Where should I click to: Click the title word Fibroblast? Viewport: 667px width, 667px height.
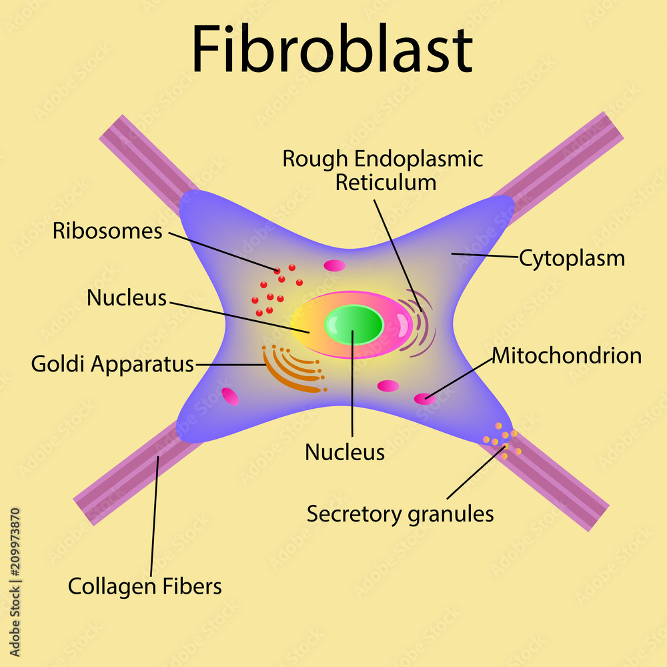[x=332, y=50]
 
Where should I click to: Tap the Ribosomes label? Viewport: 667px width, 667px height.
[x=107, y=231]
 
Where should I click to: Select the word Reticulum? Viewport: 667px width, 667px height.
[x=386, y=182]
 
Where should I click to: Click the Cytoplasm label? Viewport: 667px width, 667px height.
[x=572, y=258]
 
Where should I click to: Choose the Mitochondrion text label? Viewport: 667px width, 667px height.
[x=567, y=356]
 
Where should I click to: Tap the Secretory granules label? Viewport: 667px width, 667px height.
[x=400, y=514]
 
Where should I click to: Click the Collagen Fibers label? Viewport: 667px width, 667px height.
[x=145, y=587]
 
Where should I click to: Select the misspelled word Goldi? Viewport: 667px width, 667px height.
[x=59, y=364]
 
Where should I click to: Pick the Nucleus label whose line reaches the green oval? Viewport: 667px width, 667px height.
[x=345, y=452]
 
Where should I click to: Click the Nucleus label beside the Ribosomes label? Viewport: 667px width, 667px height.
[x=127, y=298]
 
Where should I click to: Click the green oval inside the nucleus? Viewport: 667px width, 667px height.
[x=354, y=325]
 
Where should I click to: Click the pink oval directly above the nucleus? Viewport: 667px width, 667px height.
[x=335, y=265]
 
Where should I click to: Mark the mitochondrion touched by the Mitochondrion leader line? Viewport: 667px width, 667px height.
[x=424, y=399]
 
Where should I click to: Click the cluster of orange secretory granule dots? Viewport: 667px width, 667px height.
[x=502, y=440]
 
